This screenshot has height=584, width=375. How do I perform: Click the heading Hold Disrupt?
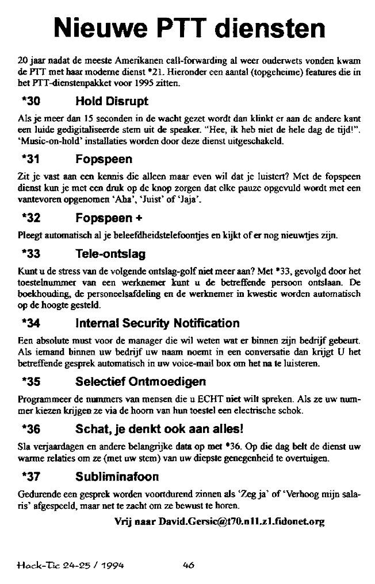point(112,102)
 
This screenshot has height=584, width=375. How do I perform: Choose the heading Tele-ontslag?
point(110,254)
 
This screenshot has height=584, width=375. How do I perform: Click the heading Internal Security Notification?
point(157,323)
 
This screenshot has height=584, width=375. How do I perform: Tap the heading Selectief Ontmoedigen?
point(140,382)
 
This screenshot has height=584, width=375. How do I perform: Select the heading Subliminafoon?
point(117,477)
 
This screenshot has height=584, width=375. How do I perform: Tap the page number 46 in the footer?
point(187,564)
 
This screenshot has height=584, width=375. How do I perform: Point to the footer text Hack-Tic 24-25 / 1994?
point(71,564)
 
